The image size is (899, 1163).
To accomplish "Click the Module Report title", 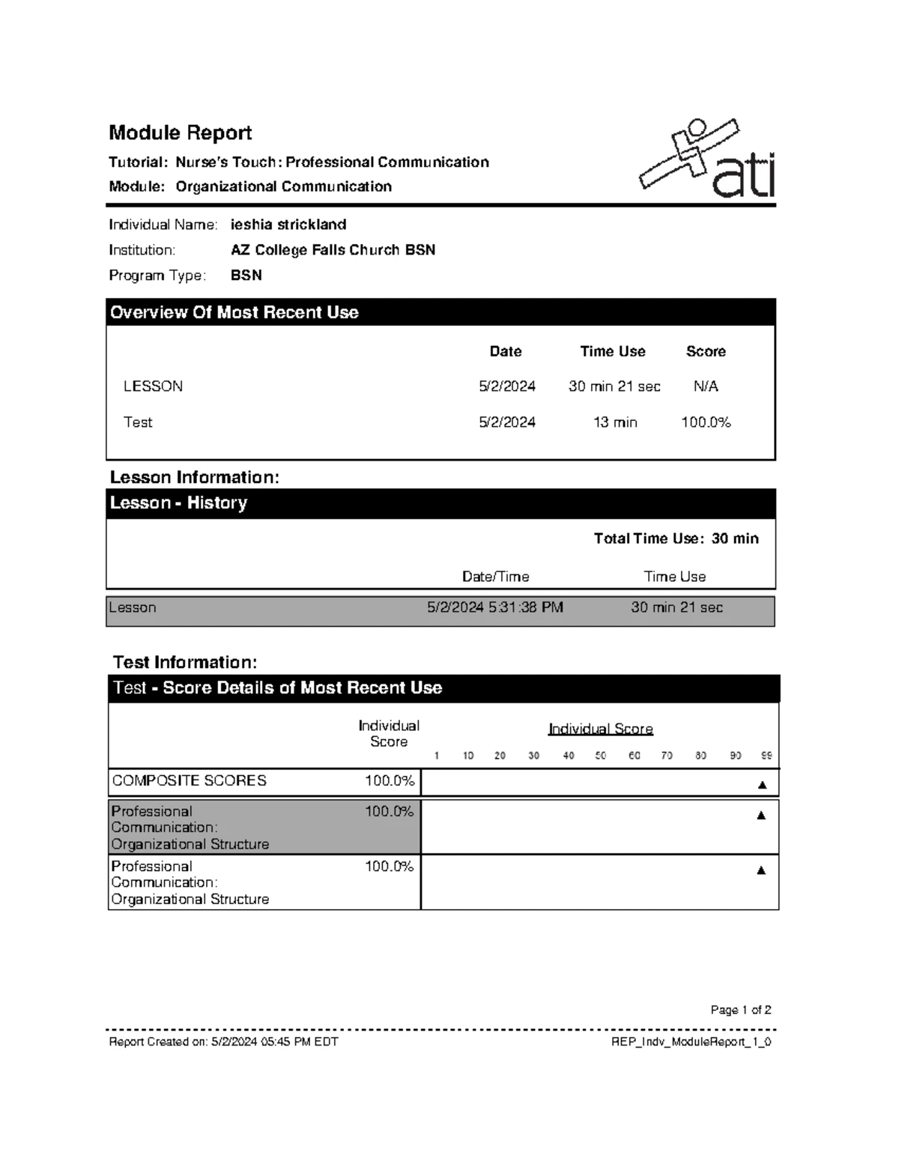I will coord(180,133).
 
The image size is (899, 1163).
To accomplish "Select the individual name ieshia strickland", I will coord(288,225).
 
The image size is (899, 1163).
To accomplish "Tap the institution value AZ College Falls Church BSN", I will coord(333,250).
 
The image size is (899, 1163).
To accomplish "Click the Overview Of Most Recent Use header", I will coord(234,312).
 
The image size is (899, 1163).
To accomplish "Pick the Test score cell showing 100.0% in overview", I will coord(706,422).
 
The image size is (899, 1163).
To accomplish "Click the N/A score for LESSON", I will coord(706,386).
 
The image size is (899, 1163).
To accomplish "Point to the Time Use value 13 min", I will coord(615,422).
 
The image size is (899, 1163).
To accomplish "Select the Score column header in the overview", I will coord(706,351).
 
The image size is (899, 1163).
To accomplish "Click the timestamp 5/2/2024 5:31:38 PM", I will coord(495,607).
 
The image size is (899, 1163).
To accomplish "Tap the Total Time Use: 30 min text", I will coord(676,538).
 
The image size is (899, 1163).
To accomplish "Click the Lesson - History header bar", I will coord(178,503).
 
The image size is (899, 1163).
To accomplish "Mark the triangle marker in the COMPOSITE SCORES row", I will coord(762,785).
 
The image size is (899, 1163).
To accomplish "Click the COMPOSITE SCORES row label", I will coord(190,780).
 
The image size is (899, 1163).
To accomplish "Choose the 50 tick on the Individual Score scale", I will coord(601,756).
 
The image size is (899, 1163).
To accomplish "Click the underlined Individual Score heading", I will coord(601,729).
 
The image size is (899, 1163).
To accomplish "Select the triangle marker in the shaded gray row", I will coord(761,816).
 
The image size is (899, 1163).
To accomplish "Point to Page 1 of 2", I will coord(741,1009).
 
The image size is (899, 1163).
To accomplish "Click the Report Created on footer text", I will coord(223,1042).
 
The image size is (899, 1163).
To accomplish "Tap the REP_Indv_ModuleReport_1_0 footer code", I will coord(691,1042).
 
